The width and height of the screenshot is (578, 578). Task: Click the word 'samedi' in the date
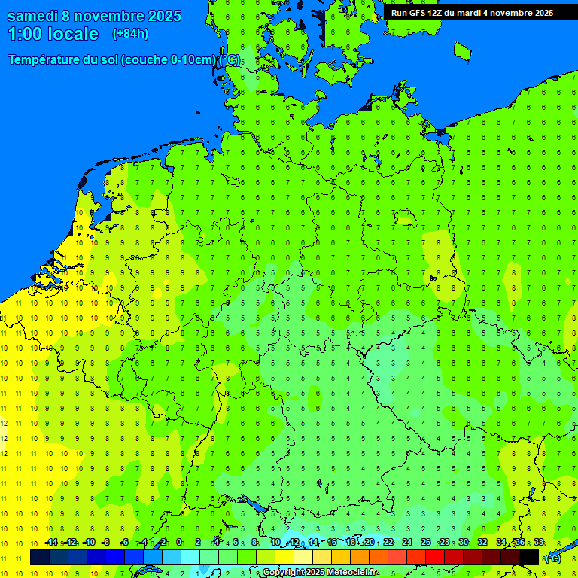pyautogui.click(x=35, y=16)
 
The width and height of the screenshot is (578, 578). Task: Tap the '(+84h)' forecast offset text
pyautogui.click(x=130, y=33)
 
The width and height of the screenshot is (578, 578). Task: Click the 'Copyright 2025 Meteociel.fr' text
pyautogui.click(x=320, y=573)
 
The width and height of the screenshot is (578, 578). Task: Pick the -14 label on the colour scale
pyautogui.click(x=51, y=543)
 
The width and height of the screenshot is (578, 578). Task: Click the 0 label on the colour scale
pyautogui.click(x=179, y=543)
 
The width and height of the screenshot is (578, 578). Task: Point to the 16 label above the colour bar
pyautogui.click(x=332, y=543)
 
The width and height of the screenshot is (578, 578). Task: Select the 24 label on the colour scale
pyautogui.click(x=407, y=543)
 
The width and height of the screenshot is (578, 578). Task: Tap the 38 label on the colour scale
pyautogui.click(x=539, y=543)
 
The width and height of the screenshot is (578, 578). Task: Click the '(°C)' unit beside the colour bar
pyautogui.click(x=552, y=558)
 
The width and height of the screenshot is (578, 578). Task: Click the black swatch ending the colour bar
pyautogui.click(x=529, y=557)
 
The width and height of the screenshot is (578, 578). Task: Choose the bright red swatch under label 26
pyautogui.click(x=435, y=557)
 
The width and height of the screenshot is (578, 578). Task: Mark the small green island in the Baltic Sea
pyautogui.click(x=462, y=50)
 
